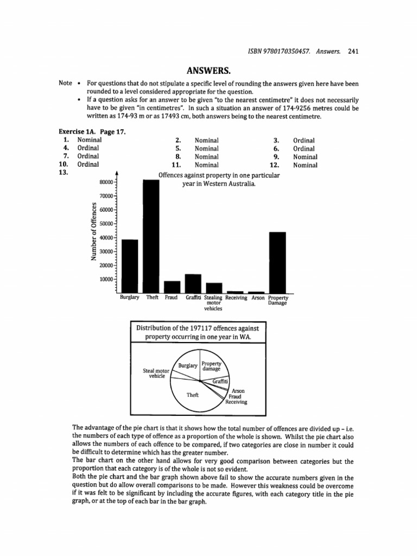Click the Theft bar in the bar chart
click(150, 236)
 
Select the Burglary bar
click(130, 266)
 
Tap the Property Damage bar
click(277, 262)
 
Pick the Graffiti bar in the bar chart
click(193, 283)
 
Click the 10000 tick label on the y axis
click(107, 279)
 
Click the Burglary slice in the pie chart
click(187, 367)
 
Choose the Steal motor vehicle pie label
click(156, 373)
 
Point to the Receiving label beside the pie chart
click(236, 402)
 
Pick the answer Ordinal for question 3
click(304, 140)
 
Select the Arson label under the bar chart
click(257, 298)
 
